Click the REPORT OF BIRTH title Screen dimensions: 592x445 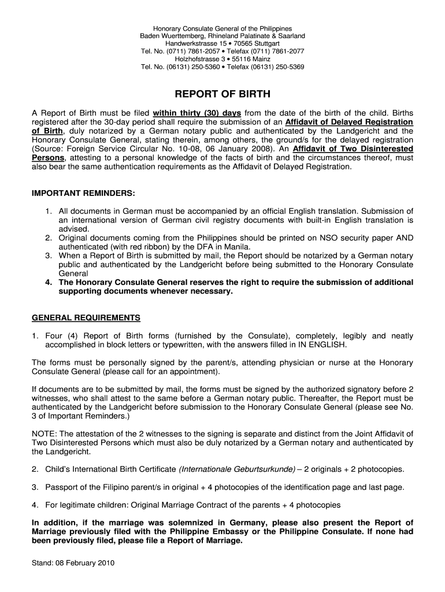coord(222,94)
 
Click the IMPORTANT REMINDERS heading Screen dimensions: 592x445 coord(83,193)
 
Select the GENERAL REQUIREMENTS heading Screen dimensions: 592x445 coord(86,318)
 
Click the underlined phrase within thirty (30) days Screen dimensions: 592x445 coord(197,112)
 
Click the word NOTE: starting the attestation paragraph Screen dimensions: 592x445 coord(44,434)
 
